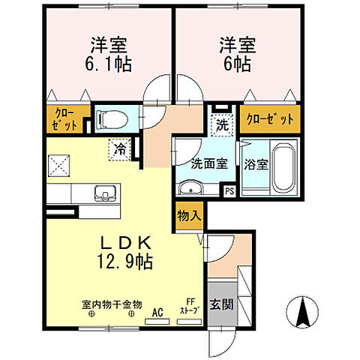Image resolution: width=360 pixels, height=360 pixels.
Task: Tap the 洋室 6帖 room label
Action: (x=235, y=53)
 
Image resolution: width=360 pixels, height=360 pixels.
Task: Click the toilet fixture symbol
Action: (x=109, y=118)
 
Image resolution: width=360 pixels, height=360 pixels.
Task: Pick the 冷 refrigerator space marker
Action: (x=120, y=148)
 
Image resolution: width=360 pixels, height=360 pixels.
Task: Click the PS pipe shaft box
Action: (x=230, y=190)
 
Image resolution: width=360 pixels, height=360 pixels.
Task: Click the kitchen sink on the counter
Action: (x=106, y=193)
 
